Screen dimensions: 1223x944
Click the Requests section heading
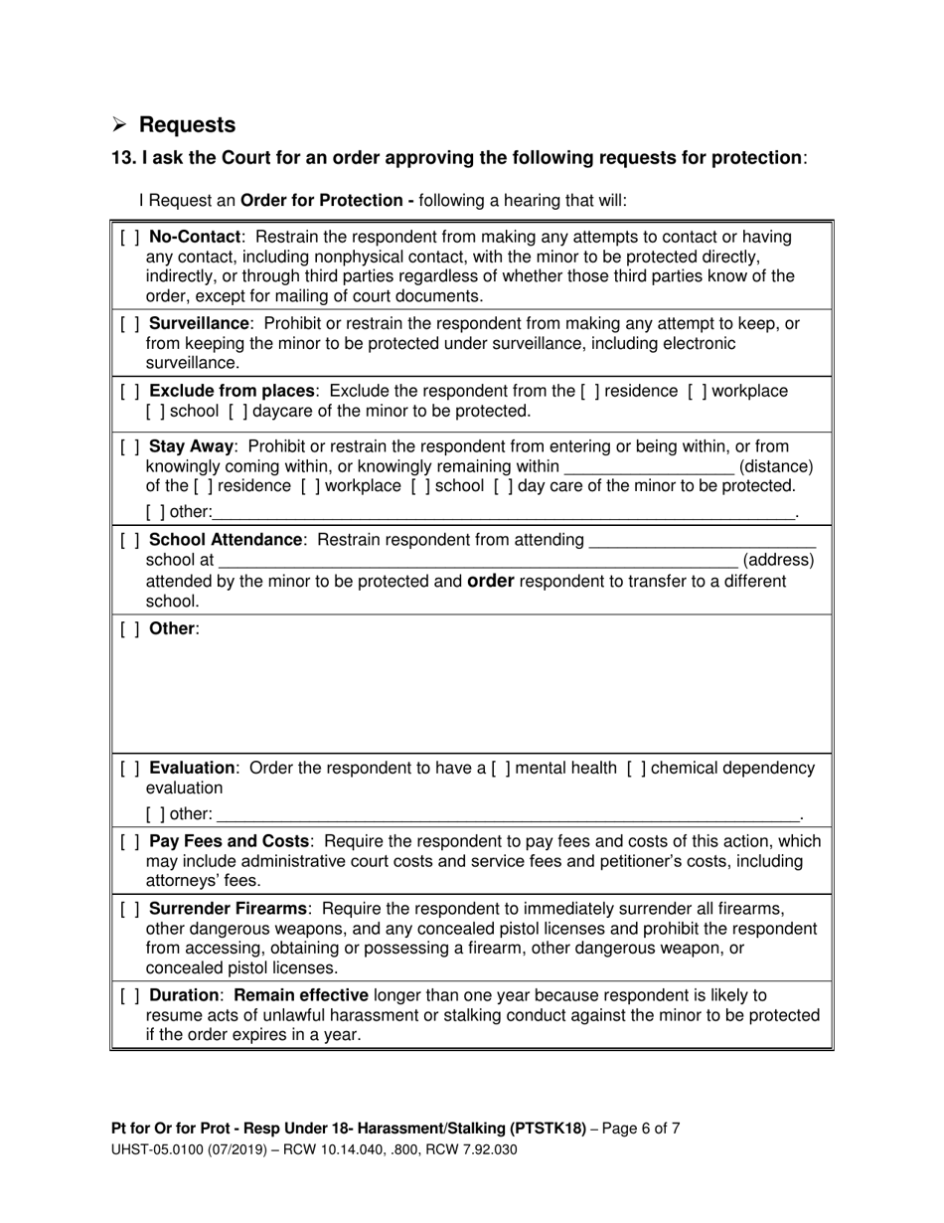pos(187,125)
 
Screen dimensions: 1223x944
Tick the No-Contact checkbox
pos(129,238)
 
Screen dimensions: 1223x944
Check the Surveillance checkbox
pos(129,324)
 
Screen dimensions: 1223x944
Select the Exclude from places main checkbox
pos(129,392)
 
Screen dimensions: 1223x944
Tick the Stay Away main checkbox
pos(129,446)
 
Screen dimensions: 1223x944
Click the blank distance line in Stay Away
pos(649,466)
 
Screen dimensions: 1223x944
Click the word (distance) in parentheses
pos(777,466)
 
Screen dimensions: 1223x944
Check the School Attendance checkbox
pos(129,540)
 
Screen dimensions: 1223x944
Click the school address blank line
pos(477,561)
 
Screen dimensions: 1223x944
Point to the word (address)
pos(778,561)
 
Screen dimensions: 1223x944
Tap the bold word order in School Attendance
pos(490,581)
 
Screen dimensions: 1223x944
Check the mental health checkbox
pos(500,769)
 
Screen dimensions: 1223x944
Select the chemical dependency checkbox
pos(636,769)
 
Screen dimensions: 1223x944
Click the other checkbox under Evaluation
pos(154,814)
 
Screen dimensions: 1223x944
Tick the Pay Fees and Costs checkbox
pos(129,842)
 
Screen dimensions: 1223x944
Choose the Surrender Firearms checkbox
pos(129,909)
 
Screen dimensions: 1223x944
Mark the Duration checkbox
pos(129,995)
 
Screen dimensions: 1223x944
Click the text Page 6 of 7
pos(642,1129)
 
